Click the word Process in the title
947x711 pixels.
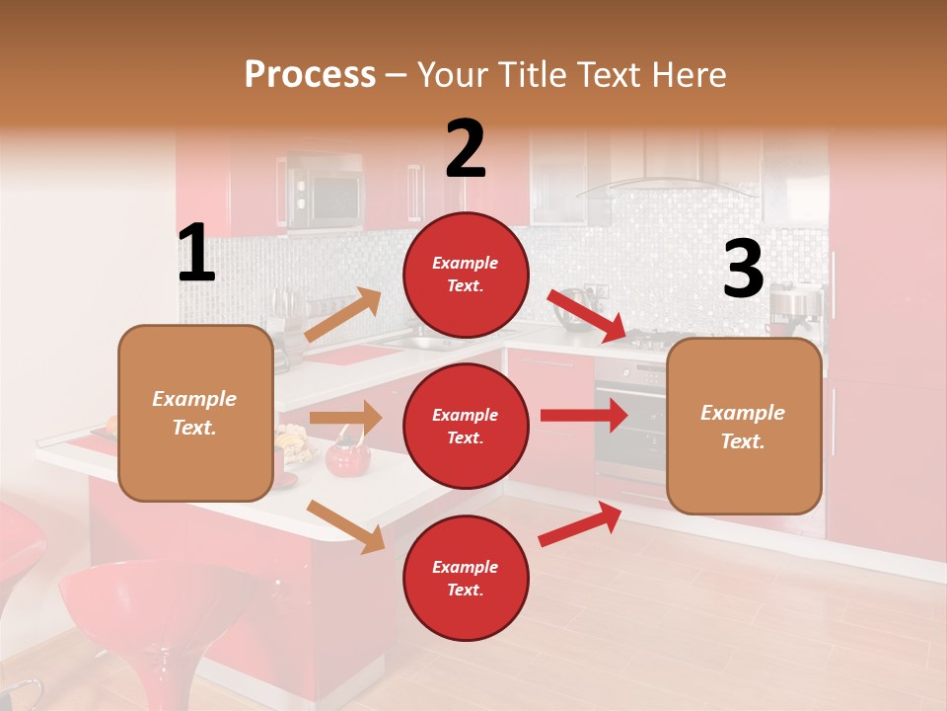(310, 75)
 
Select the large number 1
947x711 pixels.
(196, 255)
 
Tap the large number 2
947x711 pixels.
(465, 149)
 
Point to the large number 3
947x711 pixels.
(743, 270)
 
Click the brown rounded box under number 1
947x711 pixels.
(195, 414)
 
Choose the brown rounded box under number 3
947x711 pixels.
(744, 427)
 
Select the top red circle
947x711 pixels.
(466, 275)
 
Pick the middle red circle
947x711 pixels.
(466, 427)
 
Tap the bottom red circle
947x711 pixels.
(466, 579)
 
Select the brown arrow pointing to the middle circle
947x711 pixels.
(345, 418)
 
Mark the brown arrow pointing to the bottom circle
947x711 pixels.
(345, 525)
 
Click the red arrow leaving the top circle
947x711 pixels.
(587, 315)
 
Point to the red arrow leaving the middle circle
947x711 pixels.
(583, 415)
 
